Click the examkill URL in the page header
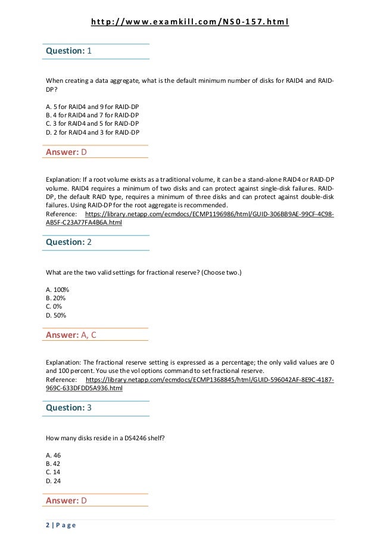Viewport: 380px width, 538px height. pyautogui.click(x=189, y=23)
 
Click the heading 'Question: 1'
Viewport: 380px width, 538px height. pyautogui.click(x=68, y=51)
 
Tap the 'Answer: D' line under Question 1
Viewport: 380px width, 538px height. pyautogui.click(x=67, y=153)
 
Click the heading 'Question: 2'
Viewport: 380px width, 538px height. pyautogui.click(x=68, y=242)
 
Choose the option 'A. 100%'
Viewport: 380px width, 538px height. pyautogui.click(x=57, y=289)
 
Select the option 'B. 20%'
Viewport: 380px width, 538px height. pyautogui.click(x=56, y=297)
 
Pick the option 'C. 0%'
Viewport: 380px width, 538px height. pyautogui.click(x=54, y=306)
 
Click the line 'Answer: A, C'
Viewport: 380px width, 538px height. pyautogui.click(x=71, y=335)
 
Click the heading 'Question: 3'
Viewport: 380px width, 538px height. pyautogui.click(x=68, y=408)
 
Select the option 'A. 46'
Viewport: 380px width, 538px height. pyautogui.click(x=54, y=455)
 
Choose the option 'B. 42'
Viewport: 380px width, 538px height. pyautogui.click(x=54, y=463)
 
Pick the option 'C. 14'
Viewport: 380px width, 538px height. pyautogui.click(x=54, y=472)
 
